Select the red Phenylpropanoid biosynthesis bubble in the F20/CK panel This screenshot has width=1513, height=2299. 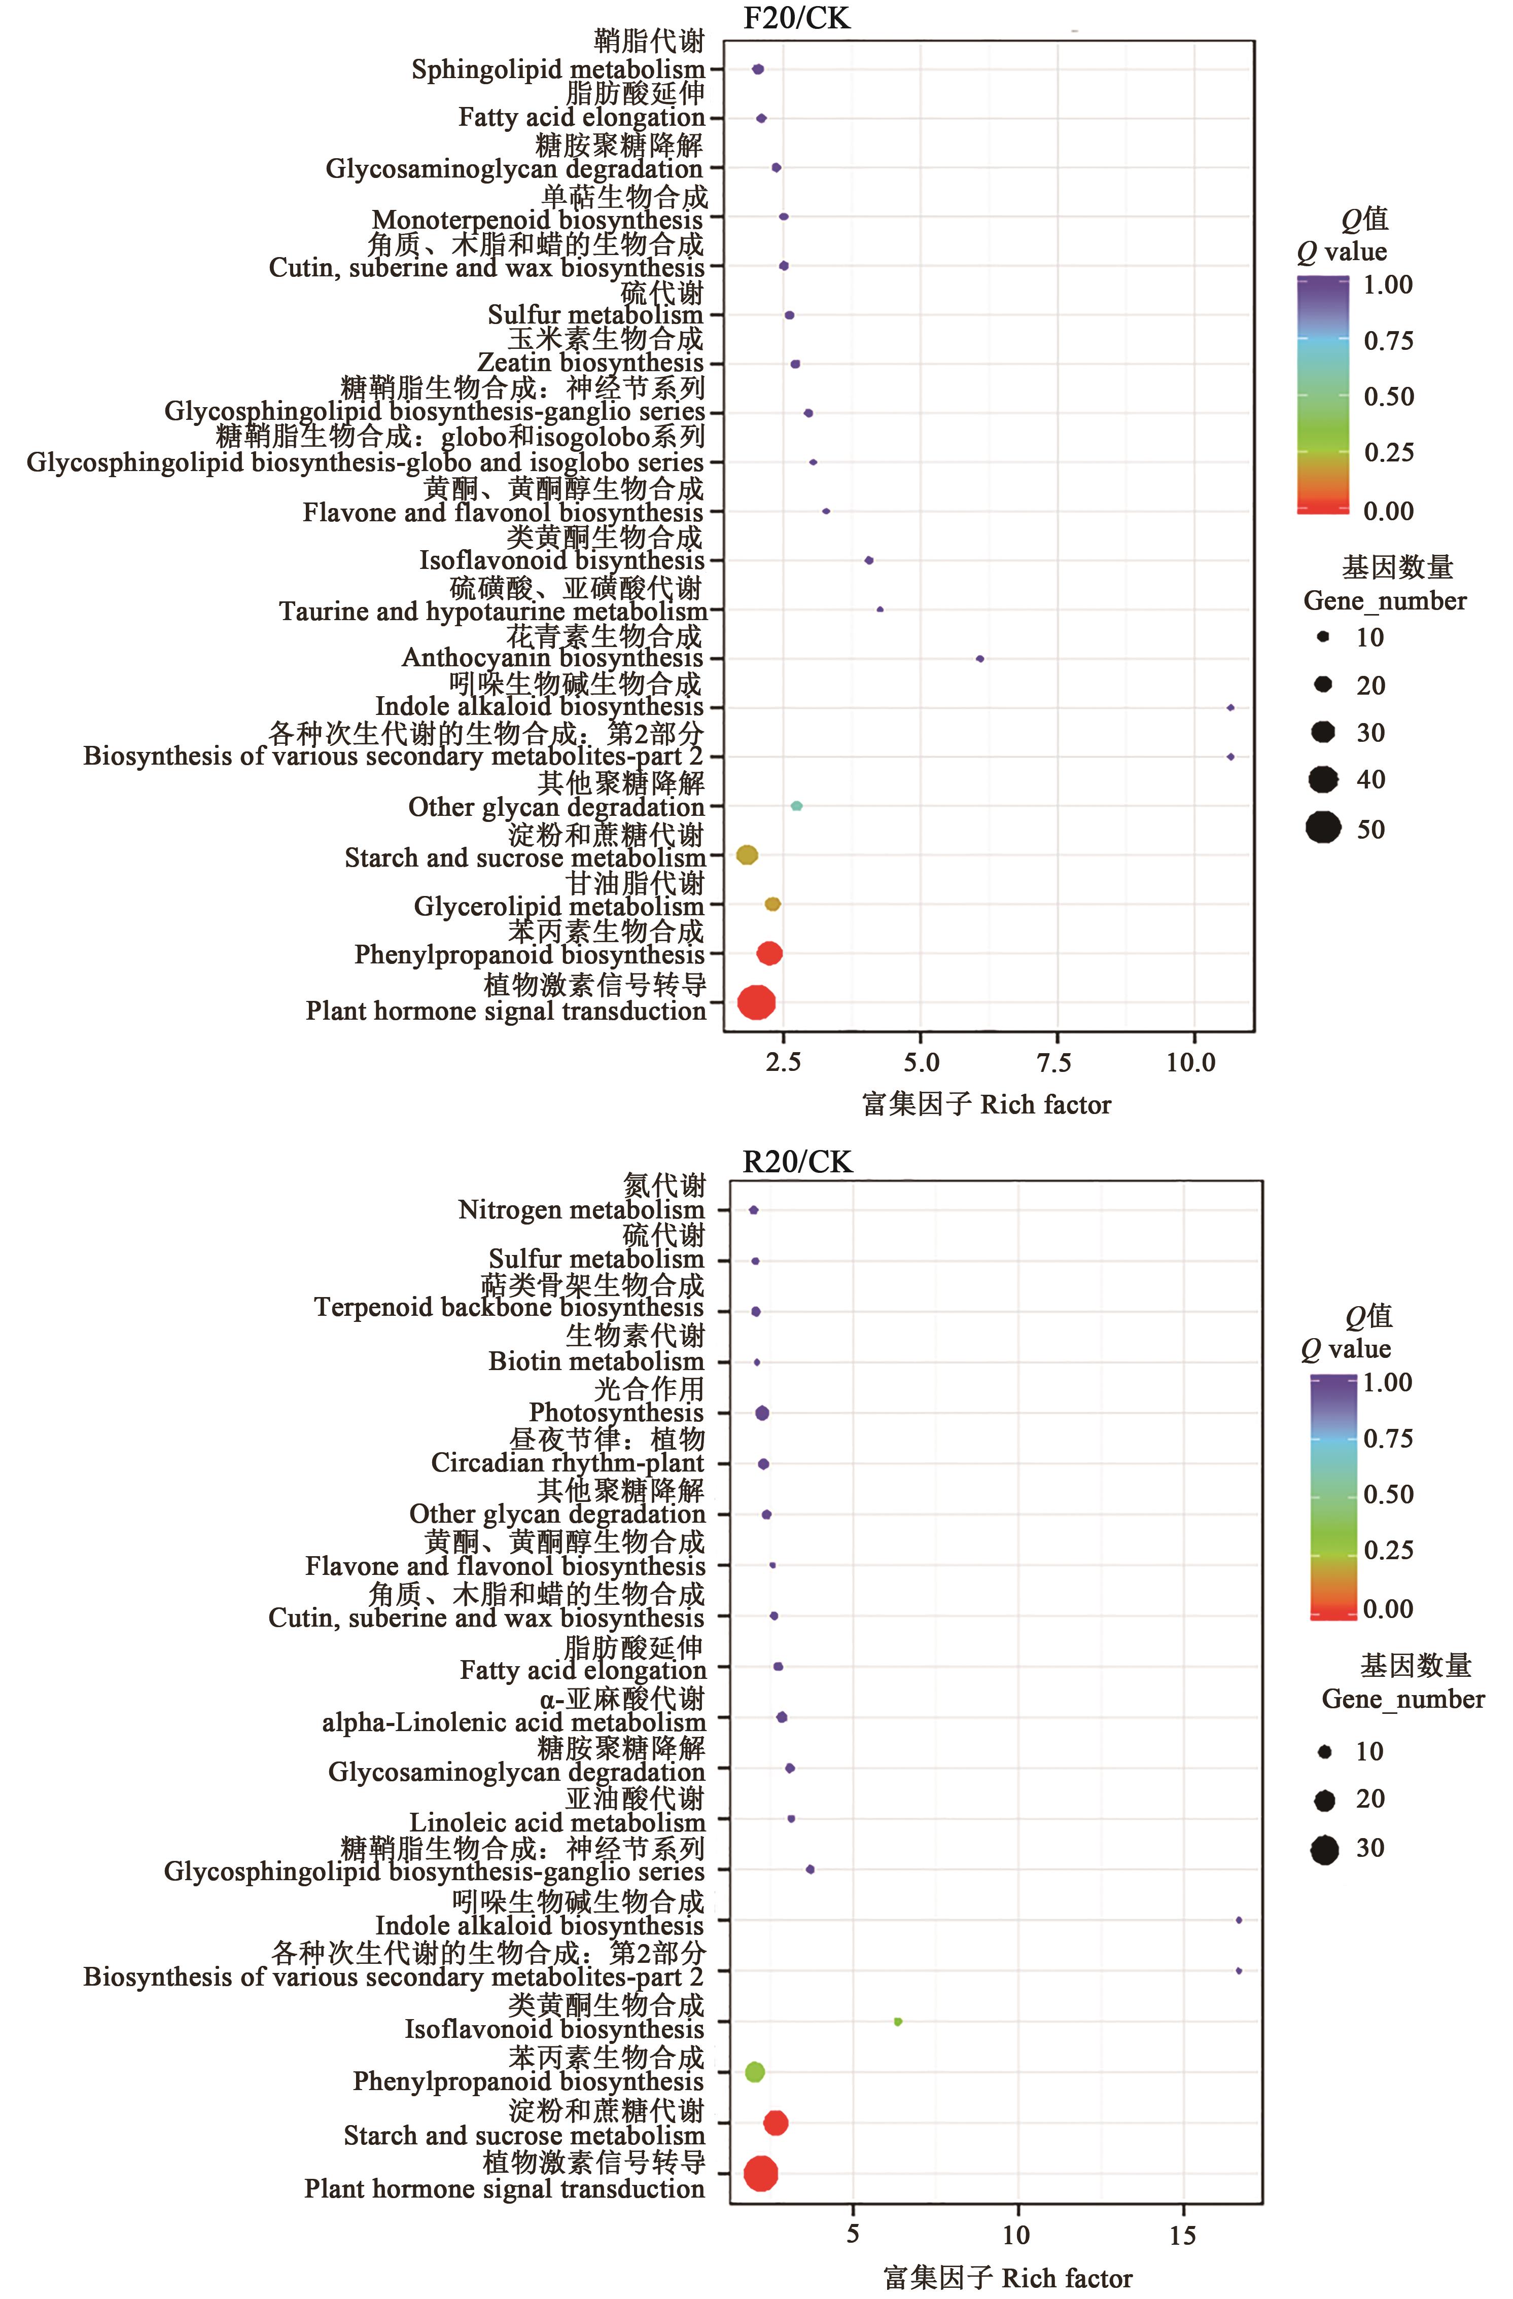(x=769, y=953)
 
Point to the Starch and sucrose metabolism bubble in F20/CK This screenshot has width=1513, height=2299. (x=747, y=855)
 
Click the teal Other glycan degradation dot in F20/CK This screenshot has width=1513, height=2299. (x=796, y=806)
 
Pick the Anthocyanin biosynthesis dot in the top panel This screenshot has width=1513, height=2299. (x=980, y=659)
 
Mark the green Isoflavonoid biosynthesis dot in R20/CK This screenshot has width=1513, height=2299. (x=898, y=2022)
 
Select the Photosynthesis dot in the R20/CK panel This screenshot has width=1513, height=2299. (x=761, y=1413)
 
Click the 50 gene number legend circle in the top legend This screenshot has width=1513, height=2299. (x=1323, y=828)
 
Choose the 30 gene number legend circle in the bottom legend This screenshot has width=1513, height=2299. (x=1325, y=1850)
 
